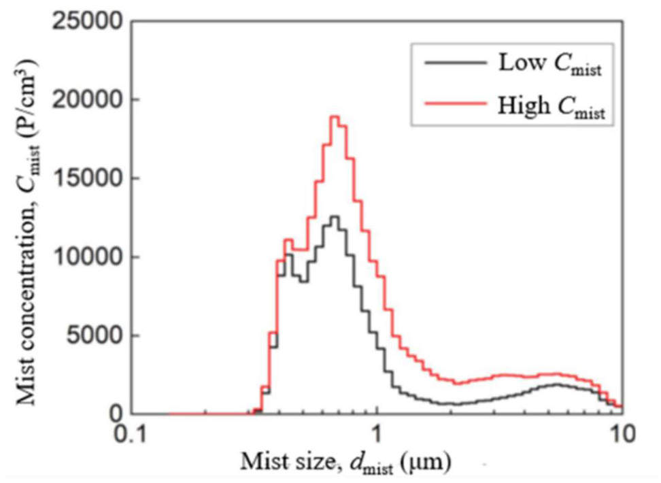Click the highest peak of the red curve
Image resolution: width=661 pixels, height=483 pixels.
(x=334, y=116)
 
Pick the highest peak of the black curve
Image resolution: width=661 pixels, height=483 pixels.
(x=334, y=216)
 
